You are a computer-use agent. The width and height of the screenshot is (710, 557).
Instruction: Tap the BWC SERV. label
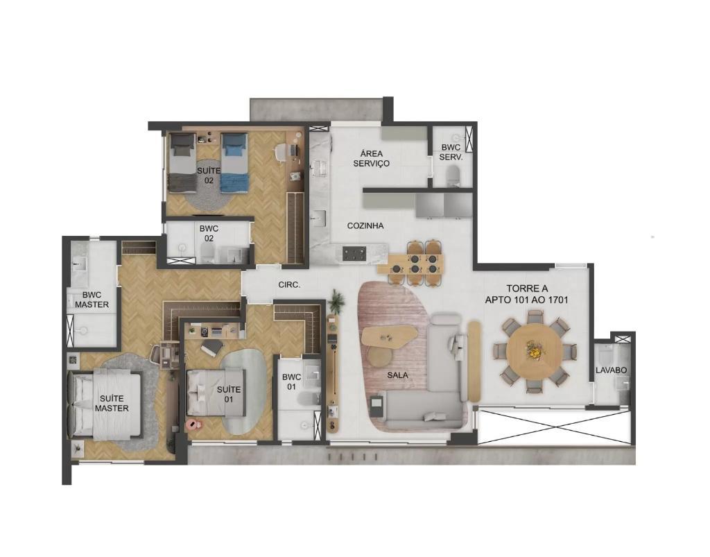pyautogui.click(x=451, y=153)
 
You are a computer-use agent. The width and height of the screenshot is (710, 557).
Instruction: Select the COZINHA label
pyautogui.click(x=365, y=225)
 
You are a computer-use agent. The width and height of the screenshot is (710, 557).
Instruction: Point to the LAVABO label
pyautogui.click(x=611, y=370)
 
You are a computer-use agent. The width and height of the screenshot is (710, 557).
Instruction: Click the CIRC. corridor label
pyautogui.click(x=290, y=285)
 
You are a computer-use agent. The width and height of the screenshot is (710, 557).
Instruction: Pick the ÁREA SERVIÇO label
pyautogui.click(x=372, y=158)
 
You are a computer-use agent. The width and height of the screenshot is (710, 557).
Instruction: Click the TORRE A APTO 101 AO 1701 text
pyautogui.click(x=527, y=294)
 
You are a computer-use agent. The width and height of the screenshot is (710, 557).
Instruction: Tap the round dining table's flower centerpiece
pyautogui.click(x=535, y=350)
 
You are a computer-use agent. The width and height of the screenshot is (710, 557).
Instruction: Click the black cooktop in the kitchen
pyautogui.click(x=354, y=253)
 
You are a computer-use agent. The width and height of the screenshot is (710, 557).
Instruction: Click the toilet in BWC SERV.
pyautogui.click(x=453, y=175)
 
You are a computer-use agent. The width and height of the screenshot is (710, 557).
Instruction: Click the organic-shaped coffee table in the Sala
pyautogui.click(x=390, y=336)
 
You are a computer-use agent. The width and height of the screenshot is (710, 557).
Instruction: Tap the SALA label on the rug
pyautogui.click(x=397, y=375)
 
